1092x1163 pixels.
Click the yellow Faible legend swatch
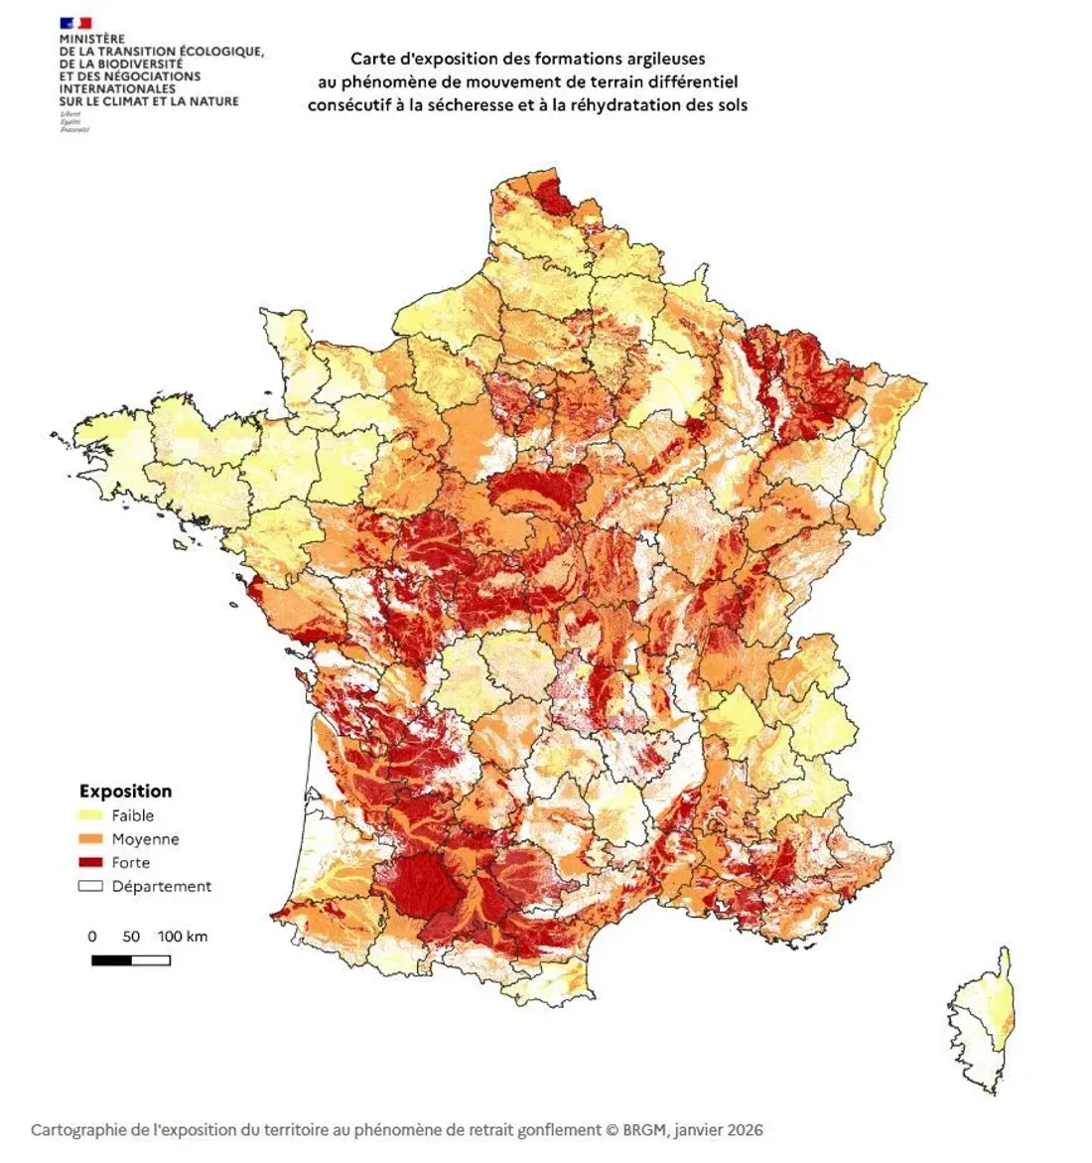[x=91, y=815]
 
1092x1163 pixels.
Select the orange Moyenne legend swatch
[x=91, y=839]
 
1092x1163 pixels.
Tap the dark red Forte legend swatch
[x=91, y=863]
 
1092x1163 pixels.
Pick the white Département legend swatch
[x=91, y=887]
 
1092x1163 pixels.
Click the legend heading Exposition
[x=125, y=792]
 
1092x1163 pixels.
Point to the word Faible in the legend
[x=133, y=815]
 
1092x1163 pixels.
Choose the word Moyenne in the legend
[x=145, y=839]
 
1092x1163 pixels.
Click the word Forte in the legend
[x=131, y=863]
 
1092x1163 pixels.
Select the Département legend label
[x=161, y=887]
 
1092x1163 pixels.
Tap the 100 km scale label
[x=183, y=937]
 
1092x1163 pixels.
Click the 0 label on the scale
[x=92, y=937]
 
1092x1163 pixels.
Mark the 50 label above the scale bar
[x=131, y=937]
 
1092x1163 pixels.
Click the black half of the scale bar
[x=111, y=960]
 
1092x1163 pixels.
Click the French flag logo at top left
[x=75, y=22]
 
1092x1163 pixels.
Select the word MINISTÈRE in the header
[x=92, y=39]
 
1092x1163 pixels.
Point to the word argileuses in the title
[x=658, y=60]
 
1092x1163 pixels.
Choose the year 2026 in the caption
[x=744, y=1130]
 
